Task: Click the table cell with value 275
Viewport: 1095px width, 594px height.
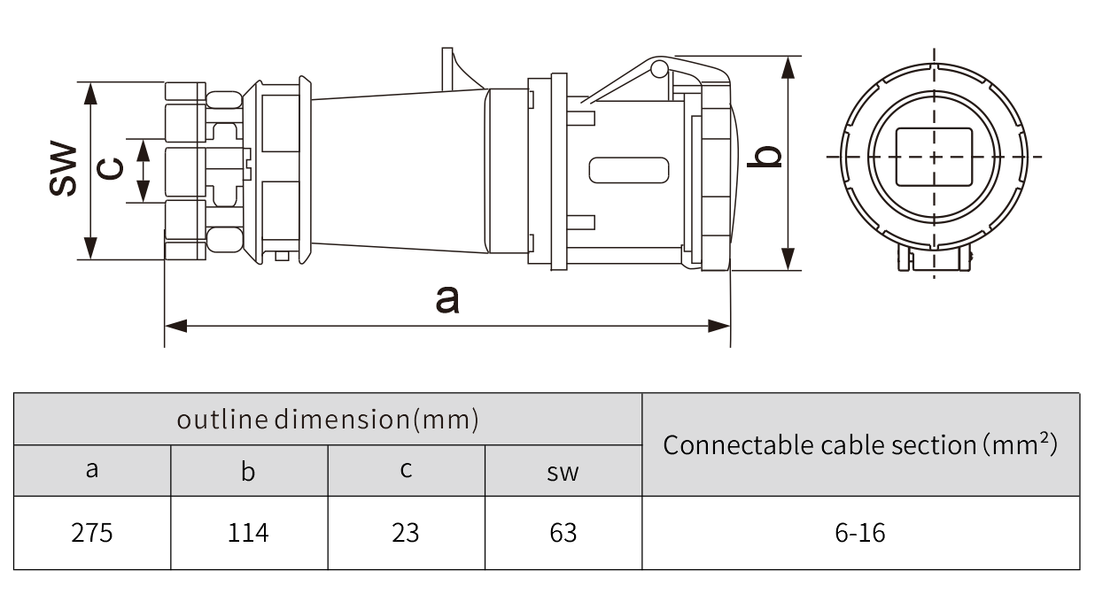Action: (x=92, y=533)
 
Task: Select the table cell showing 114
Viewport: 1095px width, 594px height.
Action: (x=249, y=533)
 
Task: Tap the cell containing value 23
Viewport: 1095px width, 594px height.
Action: (x=406, y=533)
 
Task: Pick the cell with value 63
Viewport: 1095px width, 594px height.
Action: (x=563, y=533)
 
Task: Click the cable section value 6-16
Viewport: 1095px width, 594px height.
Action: (x=860, y=533)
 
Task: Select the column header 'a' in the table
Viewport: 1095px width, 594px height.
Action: (x=92, y=470)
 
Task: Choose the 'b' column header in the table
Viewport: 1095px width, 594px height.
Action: (x=249, y=470)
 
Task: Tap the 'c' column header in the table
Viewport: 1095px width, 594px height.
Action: (x=406, y=470)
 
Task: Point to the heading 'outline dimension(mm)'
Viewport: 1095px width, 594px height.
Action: (x=328, y=419)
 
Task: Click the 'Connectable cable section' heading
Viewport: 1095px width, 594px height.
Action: (x=860, y=444)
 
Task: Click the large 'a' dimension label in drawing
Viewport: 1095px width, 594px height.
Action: (x=447, y=299)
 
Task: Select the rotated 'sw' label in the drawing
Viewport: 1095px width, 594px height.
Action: (x=62, y=168)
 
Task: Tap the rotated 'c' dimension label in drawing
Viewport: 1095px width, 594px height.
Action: (x=110, y=167)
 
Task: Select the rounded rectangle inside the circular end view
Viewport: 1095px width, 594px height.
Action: (x=934, y=157)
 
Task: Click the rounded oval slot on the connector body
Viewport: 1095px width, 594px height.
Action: (x=628, y=170)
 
